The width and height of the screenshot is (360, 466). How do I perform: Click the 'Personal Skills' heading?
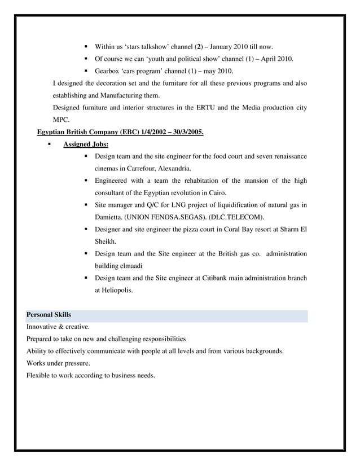(x=49, y=315)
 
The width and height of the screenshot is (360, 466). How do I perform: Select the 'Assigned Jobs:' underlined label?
(x=86, y=144)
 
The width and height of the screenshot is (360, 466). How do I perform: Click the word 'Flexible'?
(x=38, y=375)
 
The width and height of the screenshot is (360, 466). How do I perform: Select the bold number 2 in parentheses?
(x=198, y=46)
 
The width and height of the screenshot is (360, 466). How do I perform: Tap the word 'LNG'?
(x=174, y=204)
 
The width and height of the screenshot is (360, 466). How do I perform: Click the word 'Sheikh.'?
(x=106, y=241)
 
